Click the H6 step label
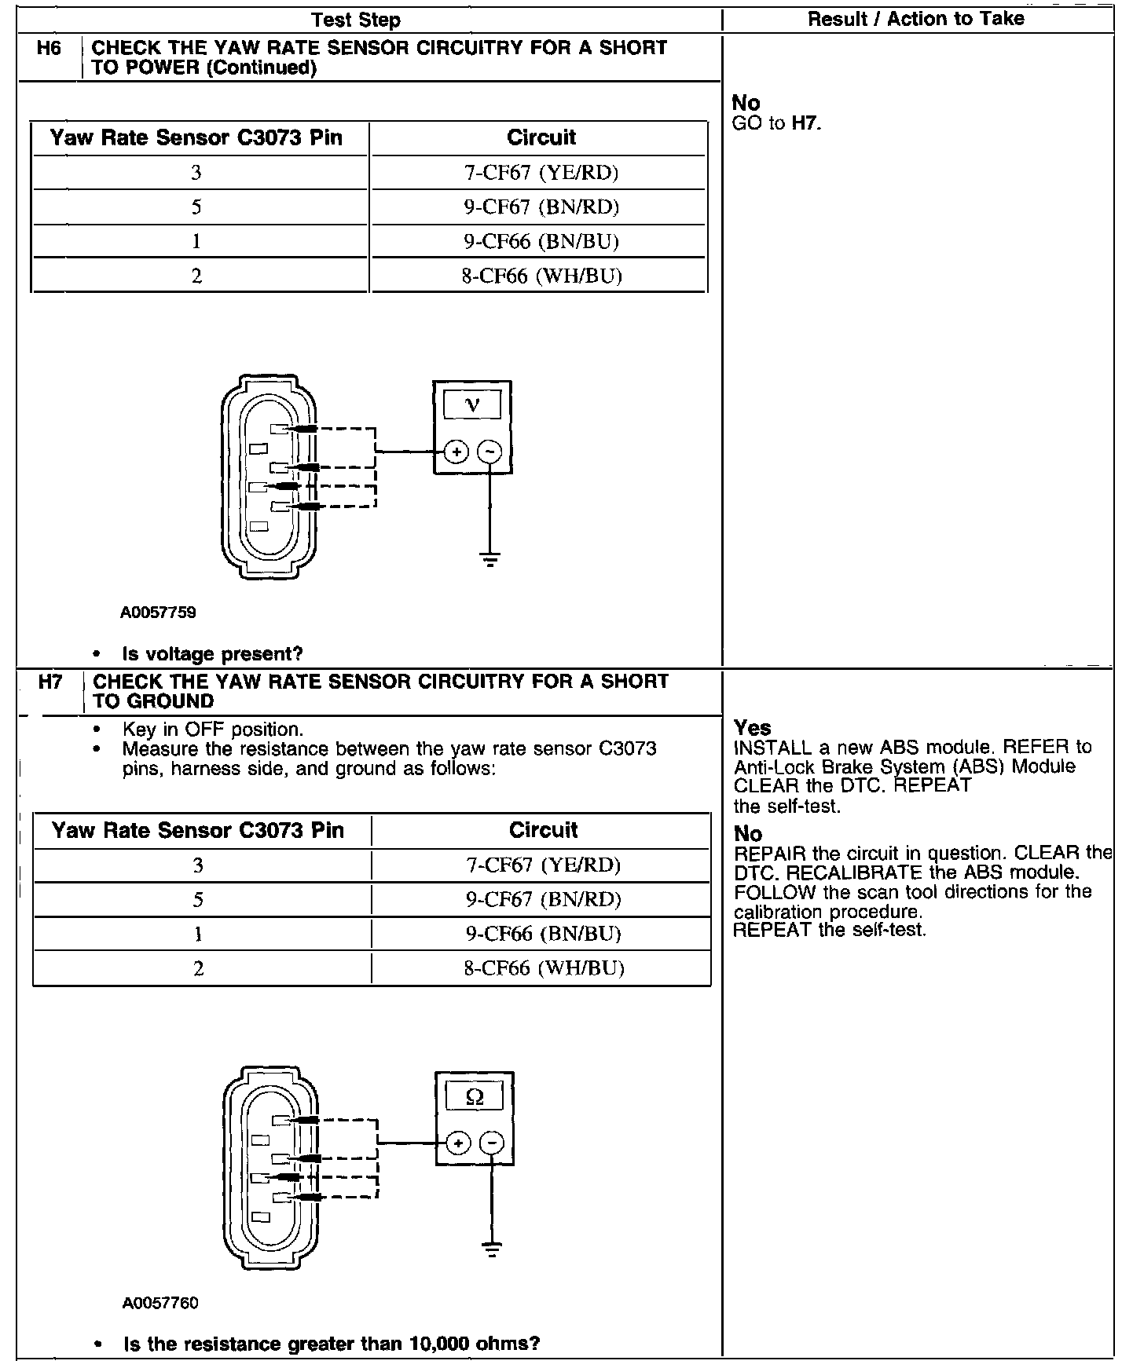coord(49,49)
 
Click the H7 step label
coord(50,682)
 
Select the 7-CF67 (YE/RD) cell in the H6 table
coord(541,173)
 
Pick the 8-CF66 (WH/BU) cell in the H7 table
coord(544,968)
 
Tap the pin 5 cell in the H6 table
coord(196,207)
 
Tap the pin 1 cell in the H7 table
coord(198,935)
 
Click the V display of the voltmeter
coord(472,405)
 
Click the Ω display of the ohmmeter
coord(475,1096)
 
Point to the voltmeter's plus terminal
coord(456,452)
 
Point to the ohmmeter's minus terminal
coord(492,1143)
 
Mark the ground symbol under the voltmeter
coord(489,560)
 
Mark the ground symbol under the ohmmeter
coord(492,1250)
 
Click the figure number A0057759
coord(158,613)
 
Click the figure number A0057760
coord(160,1304)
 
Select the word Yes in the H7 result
coord(752,728)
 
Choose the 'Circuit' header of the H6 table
coord(541,138)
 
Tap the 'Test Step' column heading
coord(356,20)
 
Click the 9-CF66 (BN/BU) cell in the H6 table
coord(541,242)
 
